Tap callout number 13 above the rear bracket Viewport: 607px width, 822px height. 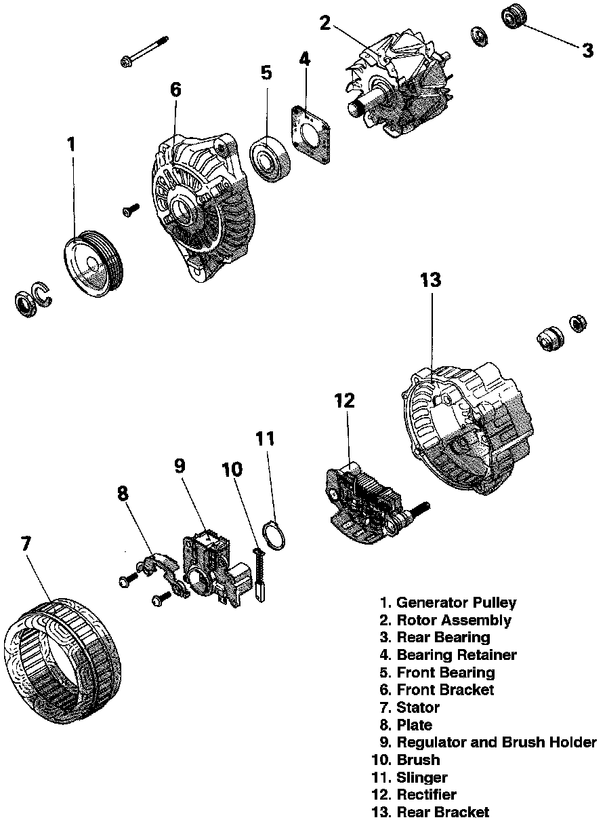pos(430,279)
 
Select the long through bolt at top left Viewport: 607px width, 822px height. pos(146,51)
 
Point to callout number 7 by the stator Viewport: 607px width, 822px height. pos(25,544)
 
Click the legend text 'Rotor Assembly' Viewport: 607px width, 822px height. pos(454,620)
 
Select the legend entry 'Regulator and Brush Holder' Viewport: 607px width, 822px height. pos(497,742)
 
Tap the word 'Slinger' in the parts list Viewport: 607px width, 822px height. pos(422,777)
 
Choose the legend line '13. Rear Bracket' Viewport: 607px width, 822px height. pos(431,812)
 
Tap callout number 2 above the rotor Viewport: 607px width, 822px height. pos(325,24)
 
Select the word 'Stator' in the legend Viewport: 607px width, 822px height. pos(418,707)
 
